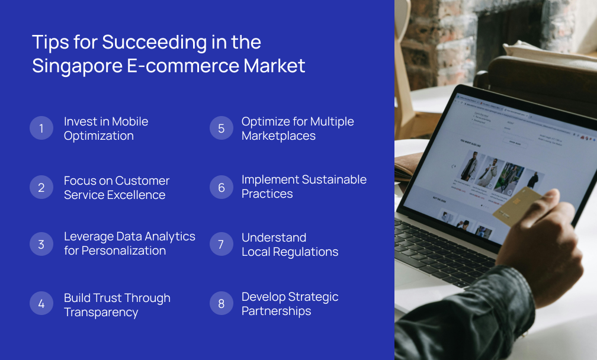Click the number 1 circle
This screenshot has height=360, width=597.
coord(41,128)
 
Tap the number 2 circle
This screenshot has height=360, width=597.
coord(41,188)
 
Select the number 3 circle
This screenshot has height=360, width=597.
coord(41,244)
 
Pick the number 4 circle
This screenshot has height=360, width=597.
coord(41,304)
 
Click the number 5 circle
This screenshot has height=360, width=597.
coord(221,128)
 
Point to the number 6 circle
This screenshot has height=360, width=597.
coord(221,187)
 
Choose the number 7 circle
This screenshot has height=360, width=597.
coord(221,245)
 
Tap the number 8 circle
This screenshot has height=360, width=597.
coord(221,304)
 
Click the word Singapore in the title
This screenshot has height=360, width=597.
coord(77,66)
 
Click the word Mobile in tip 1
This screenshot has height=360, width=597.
coord(130,121)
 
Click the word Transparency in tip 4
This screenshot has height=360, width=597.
coord(101,312)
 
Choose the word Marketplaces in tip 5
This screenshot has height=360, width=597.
coord(278,136)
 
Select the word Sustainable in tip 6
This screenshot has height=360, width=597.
coord(334,179)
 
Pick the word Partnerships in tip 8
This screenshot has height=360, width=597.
coord(276,311)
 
